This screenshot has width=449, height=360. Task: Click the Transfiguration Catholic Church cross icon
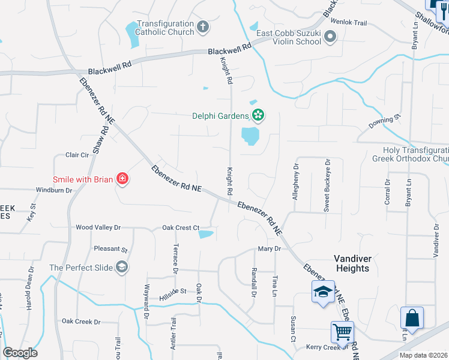(x=203, y=27)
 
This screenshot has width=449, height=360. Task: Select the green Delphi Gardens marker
(x=258, y=114)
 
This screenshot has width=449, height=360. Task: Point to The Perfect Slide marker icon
(x=122, y=267)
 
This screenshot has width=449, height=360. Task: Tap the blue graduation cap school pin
(x=323, y=292)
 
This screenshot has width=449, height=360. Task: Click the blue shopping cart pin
(x=342, y=331)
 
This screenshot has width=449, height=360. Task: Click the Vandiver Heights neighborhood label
(x=352, y=263)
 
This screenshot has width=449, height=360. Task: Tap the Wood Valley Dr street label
(x=98, y=227)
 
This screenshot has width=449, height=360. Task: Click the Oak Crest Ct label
(x=180, y=228)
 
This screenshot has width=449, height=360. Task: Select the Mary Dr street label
(x=270, y=248)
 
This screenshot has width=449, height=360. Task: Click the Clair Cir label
(x=77, y=155)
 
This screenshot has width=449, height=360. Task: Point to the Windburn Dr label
(x=54, y=190)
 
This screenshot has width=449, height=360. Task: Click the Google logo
(x=20, y=353)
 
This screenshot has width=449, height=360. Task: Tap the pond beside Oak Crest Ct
(x=206, y=234)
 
